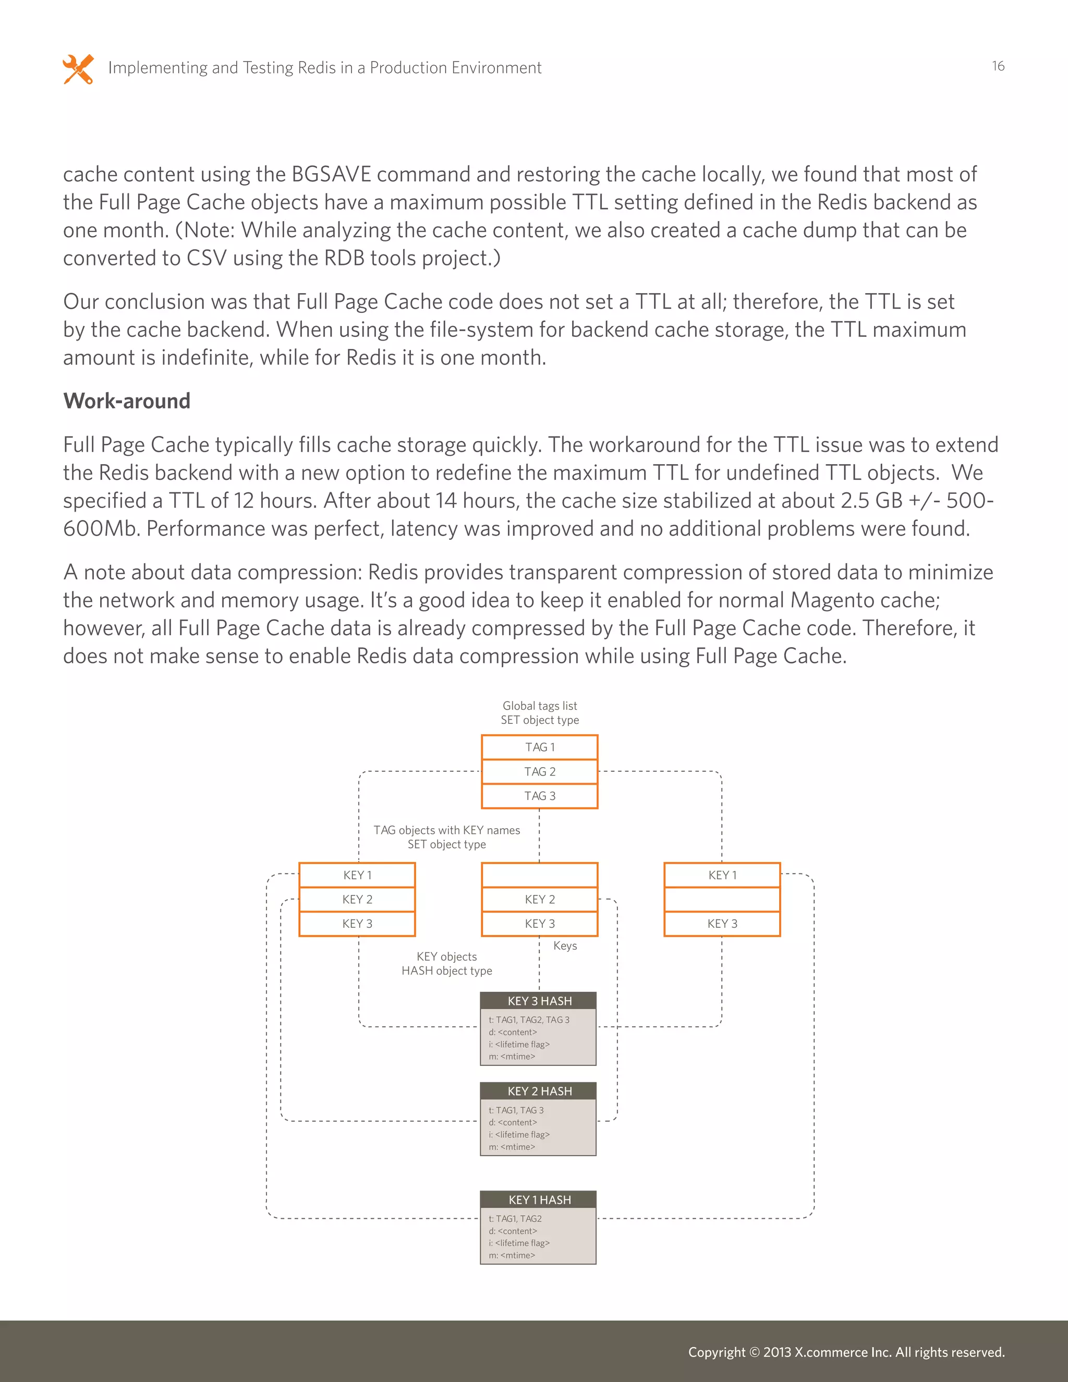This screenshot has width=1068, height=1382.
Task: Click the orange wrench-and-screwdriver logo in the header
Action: click(78, 68)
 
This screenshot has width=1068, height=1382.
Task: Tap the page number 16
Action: click(998, 66)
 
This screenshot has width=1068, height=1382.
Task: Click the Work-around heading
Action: click(127, 401)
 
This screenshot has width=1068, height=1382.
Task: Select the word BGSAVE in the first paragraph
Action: click(332, 174)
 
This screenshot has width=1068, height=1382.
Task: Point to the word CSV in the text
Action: click(207, 258)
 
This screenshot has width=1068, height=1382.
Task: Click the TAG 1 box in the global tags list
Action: click(540, 747)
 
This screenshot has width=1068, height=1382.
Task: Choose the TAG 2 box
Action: click(540, 771)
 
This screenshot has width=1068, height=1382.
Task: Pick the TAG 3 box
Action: click(540, 796)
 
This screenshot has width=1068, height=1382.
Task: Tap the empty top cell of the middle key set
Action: click(540, 875)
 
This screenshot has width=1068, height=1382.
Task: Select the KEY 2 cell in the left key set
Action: click(357, 899)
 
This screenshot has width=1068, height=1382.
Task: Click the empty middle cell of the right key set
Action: click(722, 899)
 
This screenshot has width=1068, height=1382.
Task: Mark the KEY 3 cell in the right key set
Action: click(722, 924)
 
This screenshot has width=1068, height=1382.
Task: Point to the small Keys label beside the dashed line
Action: click(565, 945)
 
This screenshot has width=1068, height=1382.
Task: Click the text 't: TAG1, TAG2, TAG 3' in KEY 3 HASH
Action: click(529, 1020)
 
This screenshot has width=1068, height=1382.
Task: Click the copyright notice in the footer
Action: click(846, 1352)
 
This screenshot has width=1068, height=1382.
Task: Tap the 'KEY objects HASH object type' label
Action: click(447, 963)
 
